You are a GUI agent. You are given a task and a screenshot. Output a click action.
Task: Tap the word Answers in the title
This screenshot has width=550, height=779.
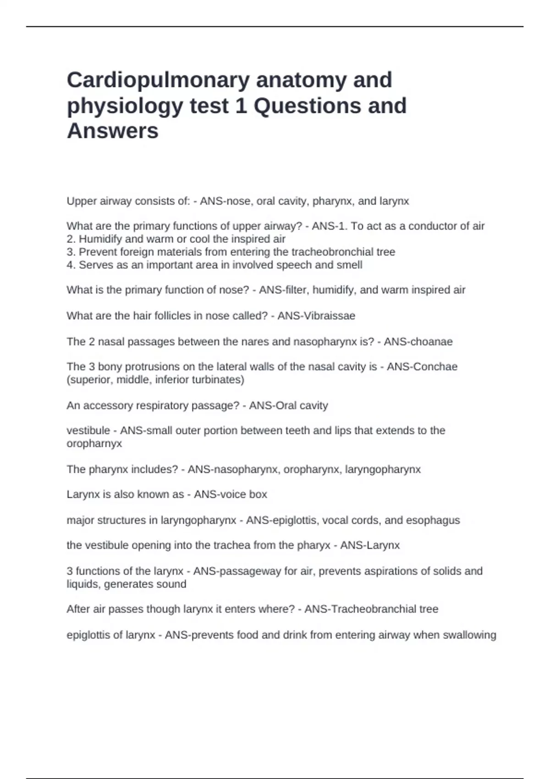pyautogui.click(x=113, y=131)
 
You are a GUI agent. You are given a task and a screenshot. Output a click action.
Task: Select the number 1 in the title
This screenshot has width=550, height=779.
pyautogui.click(x=241, y=106)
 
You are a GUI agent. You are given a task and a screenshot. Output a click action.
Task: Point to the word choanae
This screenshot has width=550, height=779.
pyautogui.click(x=432, y=341)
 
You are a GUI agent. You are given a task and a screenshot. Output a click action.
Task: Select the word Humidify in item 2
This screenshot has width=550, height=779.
pyautogui.click(x=100, y=239)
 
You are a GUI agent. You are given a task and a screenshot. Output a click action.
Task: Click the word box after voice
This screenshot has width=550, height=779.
pyautogui.click(x=258, y=494)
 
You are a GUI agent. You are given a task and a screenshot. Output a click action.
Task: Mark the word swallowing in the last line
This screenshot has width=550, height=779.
pyautogui.click(x=469, y=635)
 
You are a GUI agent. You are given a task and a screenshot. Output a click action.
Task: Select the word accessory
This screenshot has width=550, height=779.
pyautogui.click(x=105, y=406)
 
